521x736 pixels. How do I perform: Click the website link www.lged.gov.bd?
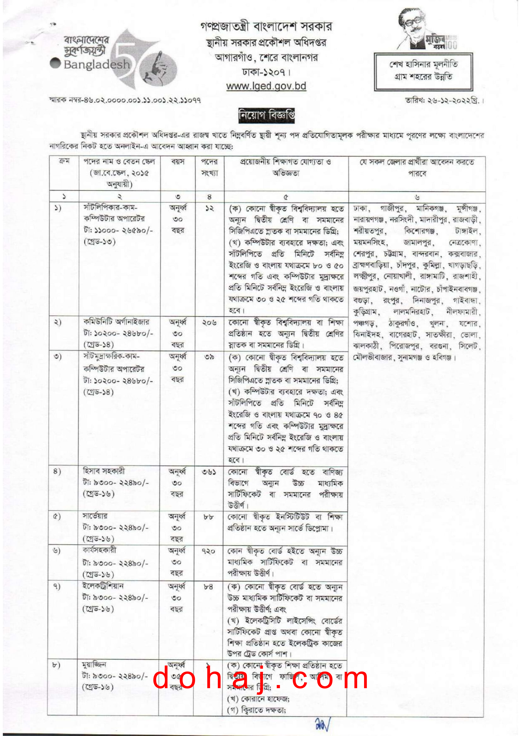click(x=266, y=86)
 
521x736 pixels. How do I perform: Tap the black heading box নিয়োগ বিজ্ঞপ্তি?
click(x=266, y=115)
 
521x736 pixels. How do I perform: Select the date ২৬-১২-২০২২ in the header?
click(x=444, y=100)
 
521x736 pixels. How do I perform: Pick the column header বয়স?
click(x=178, y=162)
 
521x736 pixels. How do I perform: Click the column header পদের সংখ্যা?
click(x=209, y=167)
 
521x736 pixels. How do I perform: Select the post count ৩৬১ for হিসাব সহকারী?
click(x=209, y=472)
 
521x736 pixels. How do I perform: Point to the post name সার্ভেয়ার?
click(x=95, y=516)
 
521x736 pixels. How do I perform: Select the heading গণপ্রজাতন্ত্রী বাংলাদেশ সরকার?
click(x=266, y=27)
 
